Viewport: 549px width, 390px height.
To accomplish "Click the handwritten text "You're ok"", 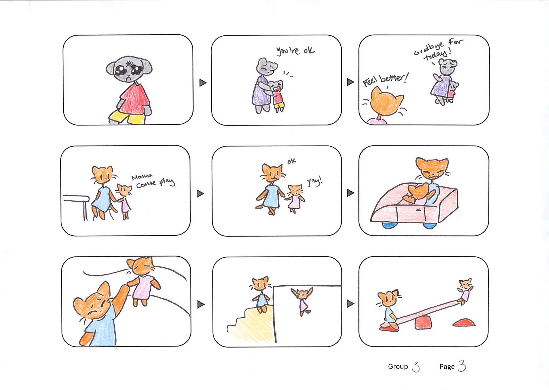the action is (295, 51).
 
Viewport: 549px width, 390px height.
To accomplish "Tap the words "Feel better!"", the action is (386, 79).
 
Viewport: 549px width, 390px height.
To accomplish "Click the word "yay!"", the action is (315, 181).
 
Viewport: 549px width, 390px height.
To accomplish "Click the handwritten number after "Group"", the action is (416, 367).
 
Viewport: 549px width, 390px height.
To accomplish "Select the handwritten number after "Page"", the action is (462, 366).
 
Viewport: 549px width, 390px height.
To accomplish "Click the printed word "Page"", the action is (447, 367).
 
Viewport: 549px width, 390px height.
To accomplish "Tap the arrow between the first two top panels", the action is (203, 83).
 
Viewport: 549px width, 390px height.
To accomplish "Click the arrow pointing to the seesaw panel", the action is (351, 304).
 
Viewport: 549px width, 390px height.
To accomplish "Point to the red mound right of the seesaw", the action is (464, 323).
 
